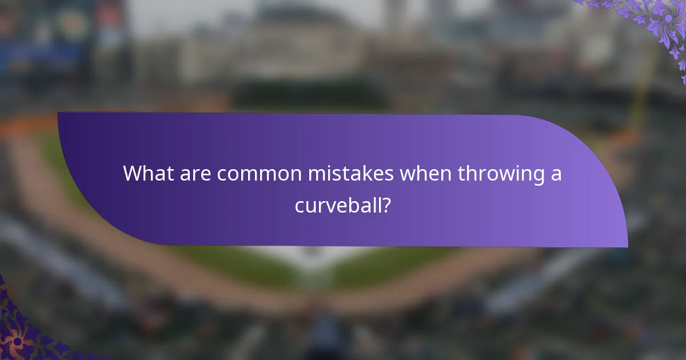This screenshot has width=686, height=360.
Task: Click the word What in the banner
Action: tap(147, 173)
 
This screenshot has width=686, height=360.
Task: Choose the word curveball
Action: tap(337, 204)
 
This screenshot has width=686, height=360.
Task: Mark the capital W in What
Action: tap(133, 173)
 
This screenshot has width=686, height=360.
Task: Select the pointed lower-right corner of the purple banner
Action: tap(627, 247)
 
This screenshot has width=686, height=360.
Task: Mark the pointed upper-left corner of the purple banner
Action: tap(58, 113)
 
